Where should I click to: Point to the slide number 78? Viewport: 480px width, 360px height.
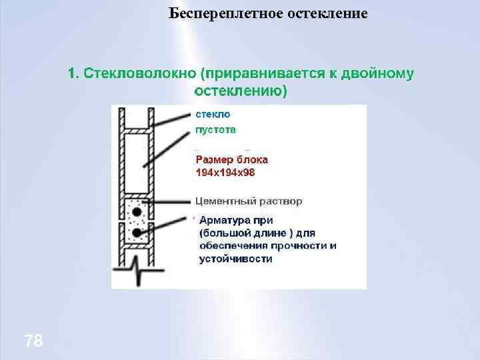coord(33,342)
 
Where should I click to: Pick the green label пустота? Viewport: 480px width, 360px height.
coord(215,130)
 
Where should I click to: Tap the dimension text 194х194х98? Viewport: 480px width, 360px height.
coord(225,172)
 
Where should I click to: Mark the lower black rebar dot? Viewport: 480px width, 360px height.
coord(137,232)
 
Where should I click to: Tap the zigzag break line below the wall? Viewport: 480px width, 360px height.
coord(137,273)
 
